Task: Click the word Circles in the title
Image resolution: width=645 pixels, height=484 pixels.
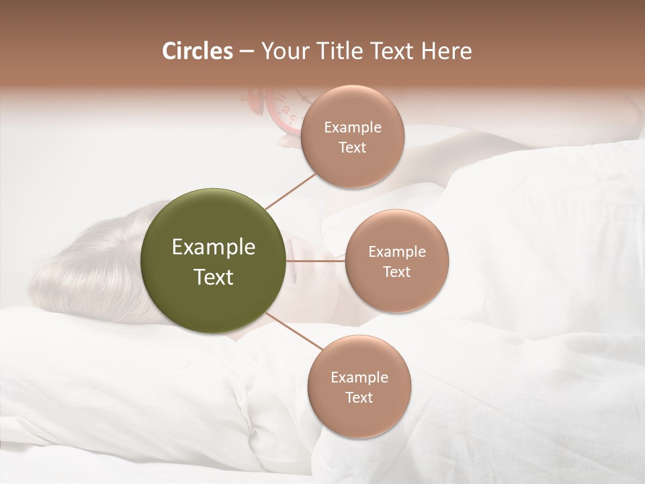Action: [197, 51]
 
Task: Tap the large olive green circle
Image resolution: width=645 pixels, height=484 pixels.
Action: [214, 261]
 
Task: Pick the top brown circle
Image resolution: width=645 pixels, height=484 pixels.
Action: [352, 136]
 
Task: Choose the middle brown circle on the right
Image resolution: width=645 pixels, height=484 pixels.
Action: [396, 261]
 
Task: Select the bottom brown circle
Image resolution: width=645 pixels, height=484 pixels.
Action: [359, 387]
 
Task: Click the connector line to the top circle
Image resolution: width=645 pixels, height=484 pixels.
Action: [290, 192]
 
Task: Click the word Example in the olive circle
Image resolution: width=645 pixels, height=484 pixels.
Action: [214, 247]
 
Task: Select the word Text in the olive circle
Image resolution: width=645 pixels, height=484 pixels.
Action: [214, 277]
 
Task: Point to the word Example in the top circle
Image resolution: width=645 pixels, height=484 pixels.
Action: [352, 127]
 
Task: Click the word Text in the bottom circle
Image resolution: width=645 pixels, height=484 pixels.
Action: [359, 397]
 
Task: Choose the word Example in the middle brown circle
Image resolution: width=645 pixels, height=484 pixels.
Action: [396, 251]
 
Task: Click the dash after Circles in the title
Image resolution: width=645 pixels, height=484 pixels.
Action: [246, 52]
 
